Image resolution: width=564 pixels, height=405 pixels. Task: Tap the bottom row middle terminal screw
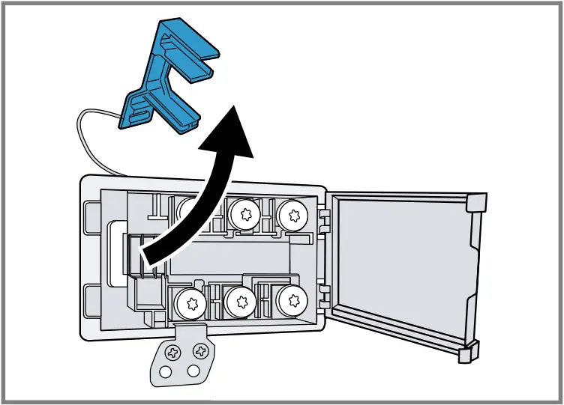pyautogui.click(x=241, y=303)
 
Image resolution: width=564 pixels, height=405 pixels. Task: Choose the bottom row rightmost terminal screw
pyautogui.click(x=291, y=301)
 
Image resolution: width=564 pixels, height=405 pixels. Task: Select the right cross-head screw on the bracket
pyautogui.click(x=199, y=350)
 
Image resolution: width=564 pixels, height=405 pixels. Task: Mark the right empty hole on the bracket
pyautogui.click(x=193, y=371)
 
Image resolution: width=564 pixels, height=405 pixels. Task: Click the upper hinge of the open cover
pyautogui.click(x=324, y=218)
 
